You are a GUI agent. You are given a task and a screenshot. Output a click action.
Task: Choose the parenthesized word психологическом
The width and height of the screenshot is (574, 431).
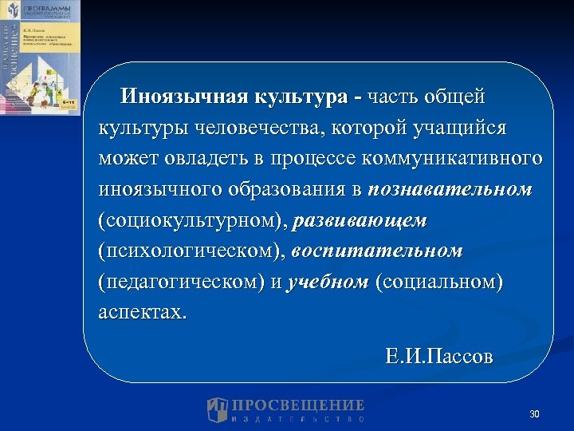pos(191,251)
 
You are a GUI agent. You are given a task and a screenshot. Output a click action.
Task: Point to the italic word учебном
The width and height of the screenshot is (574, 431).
pos(328,283)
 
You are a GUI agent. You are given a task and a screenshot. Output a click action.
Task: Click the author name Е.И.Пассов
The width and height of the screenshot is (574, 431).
pos(438,355)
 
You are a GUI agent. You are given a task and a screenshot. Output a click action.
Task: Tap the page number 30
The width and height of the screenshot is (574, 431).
pos(534,414)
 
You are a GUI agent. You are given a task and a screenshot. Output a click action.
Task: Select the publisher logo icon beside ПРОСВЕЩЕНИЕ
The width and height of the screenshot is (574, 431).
pos(218,409)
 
